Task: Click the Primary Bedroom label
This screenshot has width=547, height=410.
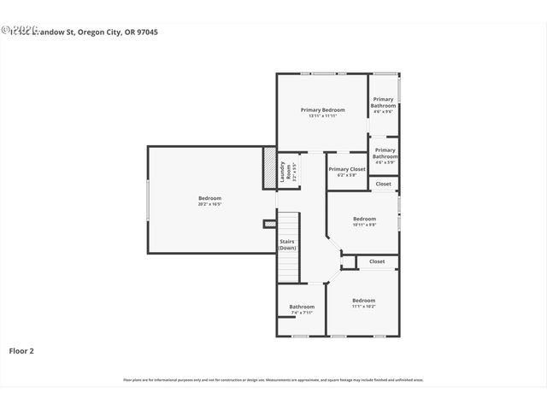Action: pyautogui.click(x=322, y=110)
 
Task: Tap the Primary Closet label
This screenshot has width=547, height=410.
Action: pyautogui.click(x=346, y=169)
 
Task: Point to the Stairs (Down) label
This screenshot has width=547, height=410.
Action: pyautogui.click(x=287, y=244)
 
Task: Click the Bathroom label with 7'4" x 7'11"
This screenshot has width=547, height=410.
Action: pyautogui.click(x=302, y=307)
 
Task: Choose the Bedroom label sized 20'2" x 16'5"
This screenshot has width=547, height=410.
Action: pyautogui.click(x=209, y=198)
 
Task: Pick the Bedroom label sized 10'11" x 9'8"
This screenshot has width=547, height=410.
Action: pyautogui.click(x=364, y=218)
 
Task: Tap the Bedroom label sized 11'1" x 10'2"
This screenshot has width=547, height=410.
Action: pyautogui.click(x=363, y=300)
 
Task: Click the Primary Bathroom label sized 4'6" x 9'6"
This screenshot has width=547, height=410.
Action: pyautogui.click(x=384, y=102)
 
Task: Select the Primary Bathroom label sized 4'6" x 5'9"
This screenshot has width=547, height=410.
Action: pyautogui.click(x=385, y=154)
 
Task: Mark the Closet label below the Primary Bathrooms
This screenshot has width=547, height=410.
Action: pyautogui.click(x=384, y=184)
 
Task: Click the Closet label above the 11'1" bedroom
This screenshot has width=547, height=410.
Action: pyautogui.click(x=377, y=261)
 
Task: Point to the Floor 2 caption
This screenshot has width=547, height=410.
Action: pyautogui.click(x=21, y=350)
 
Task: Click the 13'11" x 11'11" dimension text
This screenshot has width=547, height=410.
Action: pyautogui.click(x=322, y=116)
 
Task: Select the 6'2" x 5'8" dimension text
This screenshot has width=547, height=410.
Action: pyautogui.click(x=346, y=175)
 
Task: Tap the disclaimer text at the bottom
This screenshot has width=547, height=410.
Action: pyautogui.click(x=273, y=380)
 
